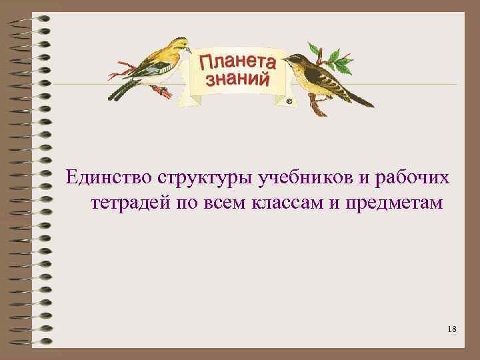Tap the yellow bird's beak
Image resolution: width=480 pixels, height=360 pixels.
[x=189, y=50]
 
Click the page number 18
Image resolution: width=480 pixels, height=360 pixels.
[x=453, y=329]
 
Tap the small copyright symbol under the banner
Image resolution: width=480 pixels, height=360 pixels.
[x=289, y=102]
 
